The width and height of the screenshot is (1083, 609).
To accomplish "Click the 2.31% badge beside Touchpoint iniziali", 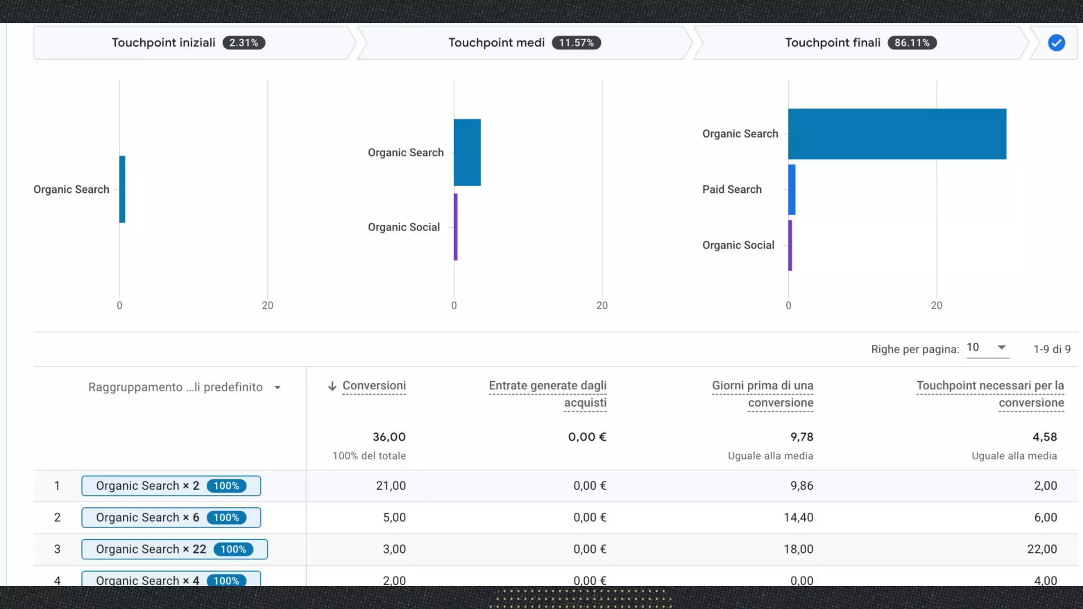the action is [x=244, y=43].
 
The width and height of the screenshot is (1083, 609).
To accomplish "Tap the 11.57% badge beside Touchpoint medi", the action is [x=576, y=43].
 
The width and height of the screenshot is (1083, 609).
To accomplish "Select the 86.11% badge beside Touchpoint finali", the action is [x=912, y=43].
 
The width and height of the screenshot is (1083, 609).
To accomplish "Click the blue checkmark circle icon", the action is [x=1057, y=43].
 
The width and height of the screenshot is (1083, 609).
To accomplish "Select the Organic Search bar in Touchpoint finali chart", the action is [x=897, y=134].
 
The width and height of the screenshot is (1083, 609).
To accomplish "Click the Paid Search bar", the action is [x=792, y=190].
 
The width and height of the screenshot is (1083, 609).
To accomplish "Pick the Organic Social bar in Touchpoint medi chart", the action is [x=456, y=227].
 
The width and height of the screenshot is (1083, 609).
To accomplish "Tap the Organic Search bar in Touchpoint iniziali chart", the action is [x=122, y=189].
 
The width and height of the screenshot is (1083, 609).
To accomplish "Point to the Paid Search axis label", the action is [x=732, y=189].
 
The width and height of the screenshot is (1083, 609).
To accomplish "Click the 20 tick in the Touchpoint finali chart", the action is [x=937, y=306].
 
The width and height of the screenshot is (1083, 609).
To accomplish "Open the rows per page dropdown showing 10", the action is [x=987, y=348].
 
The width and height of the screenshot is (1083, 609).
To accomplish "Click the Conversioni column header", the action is [x=374, y=386].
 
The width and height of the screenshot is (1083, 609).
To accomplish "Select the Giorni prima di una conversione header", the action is [x=763, y=394].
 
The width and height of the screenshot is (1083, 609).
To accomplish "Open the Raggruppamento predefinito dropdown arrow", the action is [x=278, y=387].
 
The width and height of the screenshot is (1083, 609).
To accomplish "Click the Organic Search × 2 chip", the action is [x=171, y=486].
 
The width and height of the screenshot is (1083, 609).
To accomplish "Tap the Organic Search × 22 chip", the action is [x=175, y=549].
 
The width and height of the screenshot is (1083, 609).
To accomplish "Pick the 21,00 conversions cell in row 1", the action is [x=391, y=486].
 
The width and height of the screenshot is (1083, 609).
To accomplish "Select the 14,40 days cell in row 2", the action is [x=799, y=518].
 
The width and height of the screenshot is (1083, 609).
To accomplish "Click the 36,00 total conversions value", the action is [x=389, y=437].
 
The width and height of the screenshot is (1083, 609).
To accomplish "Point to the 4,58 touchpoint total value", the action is [x=1045, y=437].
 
